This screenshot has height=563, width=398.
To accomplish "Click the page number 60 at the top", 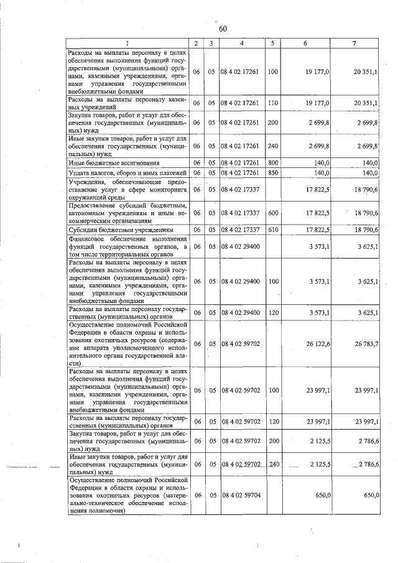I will [x=223, y=29].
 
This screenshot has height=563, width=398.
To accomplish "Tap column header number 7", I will [x=353, y=44].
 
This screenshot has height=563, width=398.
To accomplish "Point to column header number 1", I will [x=127, y=44].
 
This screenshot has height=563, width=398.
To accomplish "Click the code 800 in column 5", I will [x=272, y=163].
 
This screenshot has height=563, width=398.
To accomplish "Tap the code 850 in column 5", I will [x=272, y=172].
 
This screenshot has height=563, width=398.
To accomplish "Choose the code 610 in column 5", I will [x=272, y=230].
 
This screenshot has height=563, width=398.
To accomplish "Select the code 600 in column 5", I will [x=272, y=213].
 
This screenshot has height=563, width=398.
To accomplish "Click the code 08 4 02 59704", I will [x=242, y=495].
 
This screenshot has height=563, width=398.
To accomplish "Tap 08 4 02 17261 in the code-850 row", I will [x=242, y=172].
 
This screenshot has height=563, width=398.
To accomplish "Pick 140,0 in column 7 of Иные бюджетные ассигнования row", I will [x=369, y=163].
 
